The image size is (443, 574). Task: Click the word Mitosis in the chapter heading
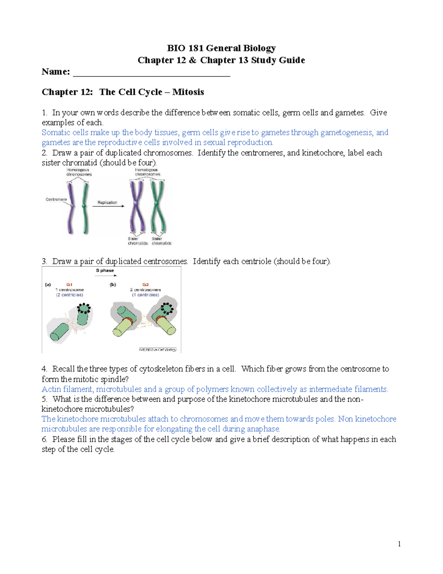188,92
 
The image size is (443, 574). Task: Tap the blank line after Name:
151,73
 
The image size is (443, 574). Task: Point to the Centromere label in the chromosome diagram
56,200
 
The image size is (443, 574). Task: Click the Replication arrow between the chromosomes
108,206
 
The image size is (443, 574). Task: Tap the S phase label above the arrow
105,271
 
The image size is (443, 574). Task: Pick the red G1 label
69,285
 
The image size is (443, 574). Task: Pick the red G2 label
145,285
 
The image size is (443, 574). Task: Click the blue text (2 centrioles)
69,295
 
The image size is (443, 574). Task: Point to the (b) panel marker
113,285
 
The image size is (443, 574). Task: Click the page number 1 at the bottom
399,544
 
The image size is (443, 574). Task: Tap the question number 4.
44,369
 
